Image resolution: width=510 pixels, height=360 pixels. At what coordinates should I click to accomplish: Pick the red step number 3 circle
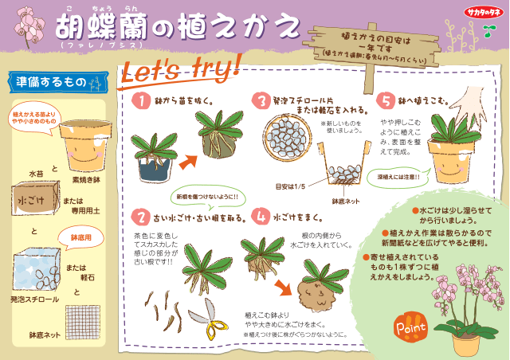click(x=261, y=101)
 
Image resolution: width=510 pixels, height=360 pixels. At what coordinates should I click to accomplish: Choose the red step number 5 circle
click(x=385, y=101)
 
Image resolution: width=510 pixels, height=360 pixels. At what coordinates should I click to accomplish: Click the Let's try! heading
click(x=180, y=70)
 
